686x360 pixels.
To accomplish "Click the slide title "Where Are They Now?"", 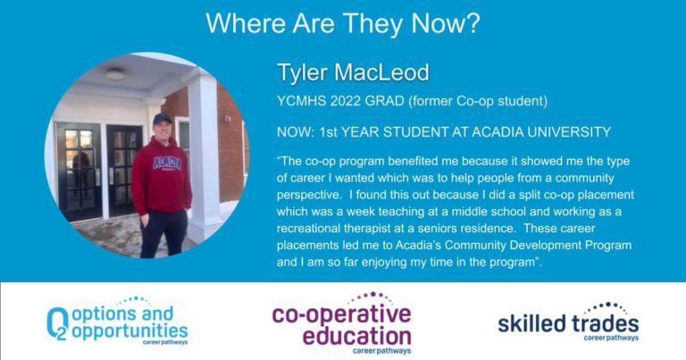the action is [x=343, y=23].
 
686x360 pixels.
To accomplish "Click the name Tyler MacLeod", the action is [x=353, y=72].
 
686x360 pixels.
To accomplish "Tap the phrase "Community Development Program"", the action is [x=538, y=245].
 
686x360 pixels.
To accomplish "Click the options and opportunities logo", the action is [x=117, y=322].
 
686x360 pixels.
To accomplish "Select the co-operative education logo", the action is [x=342, y=322].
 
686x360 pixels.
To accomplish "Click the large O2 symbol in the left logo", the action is [x=58, y=323].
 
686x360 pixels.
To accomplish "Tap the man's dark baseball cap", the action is [x=162, y=119].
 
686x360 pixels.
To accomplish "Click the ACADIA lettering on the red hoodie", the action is [x=167, y=163].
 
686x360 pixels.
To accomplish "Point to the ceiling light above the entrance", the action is [x=115, y=74].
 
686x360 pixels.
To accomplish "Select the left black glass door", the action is [x=80, y=172].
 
